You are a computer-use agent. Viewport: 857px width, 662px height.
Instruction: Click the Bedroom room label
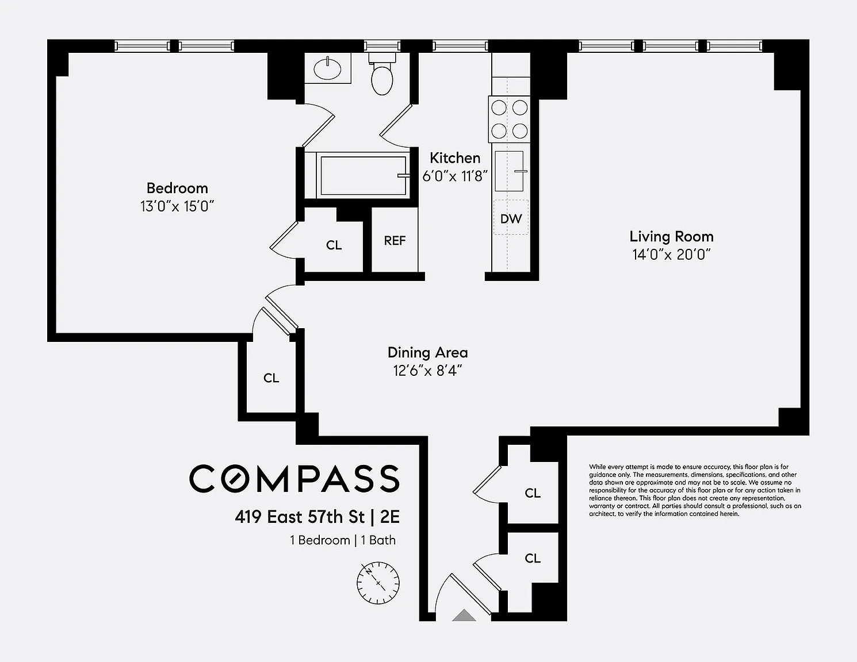click(177, 188)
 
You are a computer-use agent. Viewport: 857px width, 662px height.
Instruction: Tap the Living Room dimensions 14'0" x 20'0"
click(671, 255)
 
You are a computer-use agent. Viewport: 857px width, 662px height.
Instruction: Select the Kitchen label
click(455, 158)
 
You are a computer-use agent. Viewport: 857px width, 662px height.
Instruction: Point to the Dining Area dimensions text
click(427, 371)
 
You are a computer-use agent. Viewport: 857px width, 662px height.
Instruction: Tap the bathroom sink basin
click(327, 70)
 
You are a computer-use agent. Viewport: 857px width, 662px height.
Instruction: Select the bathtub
click(362, 175)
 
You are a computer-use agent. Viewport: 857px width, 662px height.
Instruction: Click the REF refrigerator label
click(395, 240)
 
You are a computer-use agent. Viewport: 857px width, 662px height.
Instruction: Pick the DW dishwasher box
click(511, 218)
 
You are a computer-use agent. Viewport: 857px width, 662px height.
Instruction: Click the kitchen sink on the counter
click(510, 171)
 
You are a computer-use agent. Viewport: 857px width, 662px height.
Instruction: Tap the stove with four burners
click(509, 119)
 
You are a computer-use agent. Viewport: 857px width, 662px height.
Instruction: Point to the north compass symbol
click(378, 583)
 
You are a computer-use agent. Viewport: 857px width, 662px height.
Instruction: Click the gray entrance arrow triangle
click(464, 615)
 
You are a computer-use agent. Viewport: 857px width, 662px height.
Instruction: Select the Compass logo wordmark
click(294, 478)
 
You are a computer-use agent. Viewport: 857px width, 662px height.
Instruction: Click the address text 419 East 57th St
click(300, 517)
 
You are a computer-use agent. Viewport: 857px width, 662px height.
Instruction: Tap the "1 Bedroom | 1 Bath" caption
click(343, 540)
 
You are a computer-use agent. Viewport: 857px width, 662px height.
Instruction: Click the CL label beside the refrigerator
click(334, 245)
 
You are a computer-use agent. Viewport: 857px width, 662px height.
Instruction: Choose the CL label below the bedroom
click(271, 378)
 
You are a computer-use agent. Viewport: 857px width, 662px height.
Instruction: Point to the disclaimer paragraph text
click(695, 490)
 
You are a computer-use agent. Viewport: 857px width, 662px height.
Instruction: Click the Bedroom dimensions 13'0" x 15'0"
click(177, 206)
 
